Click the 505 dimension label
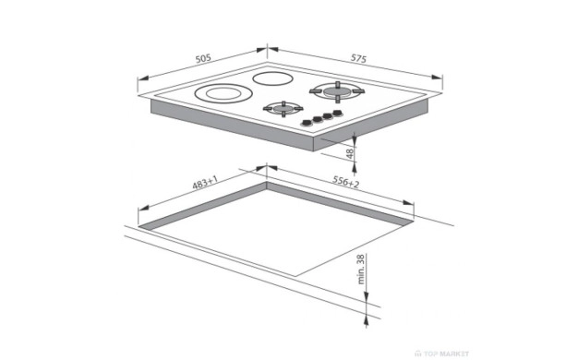203,58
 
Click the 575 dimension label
358,58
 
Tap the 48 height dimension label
350,153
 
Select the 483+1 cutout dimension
205,183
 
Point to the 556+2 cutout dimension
345,182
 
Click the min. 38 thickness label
361,269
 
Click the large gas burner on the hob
337,90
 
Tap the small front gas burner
283,108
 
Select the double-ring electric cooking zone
223,93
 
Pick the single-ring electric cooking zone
272,78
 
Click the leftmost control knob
306,123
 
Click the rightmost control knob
337,113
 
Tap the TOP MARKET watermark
442,354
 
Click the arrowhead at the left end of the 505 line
143,78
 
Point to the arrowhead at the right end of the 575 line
437,77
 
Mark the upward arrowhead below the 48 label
355,168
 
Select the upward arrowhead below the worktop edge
366,321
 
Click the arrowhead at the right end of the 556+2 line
408,203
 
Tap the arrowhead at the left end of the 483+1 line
143,208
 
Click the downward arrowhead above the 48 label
355,138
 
